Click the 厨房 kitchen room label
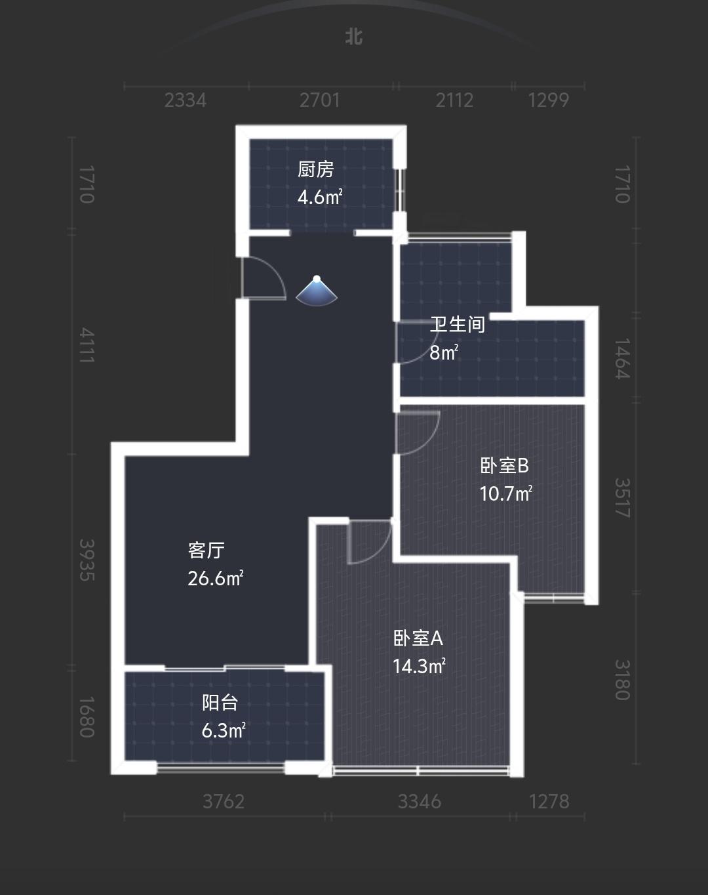pos(316,170)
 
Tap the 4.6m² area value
pos(320,197)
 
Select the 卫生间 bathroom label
pos(458,324)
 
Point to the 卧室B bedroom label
pos(504,466)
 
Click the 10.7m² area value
pos(506,493)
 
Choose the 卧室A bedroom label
pos(418,638)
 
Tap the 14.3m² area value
pos(420,666)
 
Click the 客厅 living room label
pos(206,551)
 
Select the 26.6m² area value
pos(216,578)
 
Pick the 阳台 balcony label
pos(220,703)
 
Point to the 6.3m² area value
pos(224,730)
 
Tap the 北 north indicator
pos(354,37)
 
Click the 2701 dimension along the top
pos(320,100)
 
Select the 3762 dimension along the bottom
pos(224,801)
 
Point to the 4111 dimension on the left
pos(87,345)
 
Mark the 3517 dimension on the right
pos(622,498)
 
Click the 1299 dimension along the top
pos(549,100)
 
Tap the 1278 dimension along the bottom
pos(549,801)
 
